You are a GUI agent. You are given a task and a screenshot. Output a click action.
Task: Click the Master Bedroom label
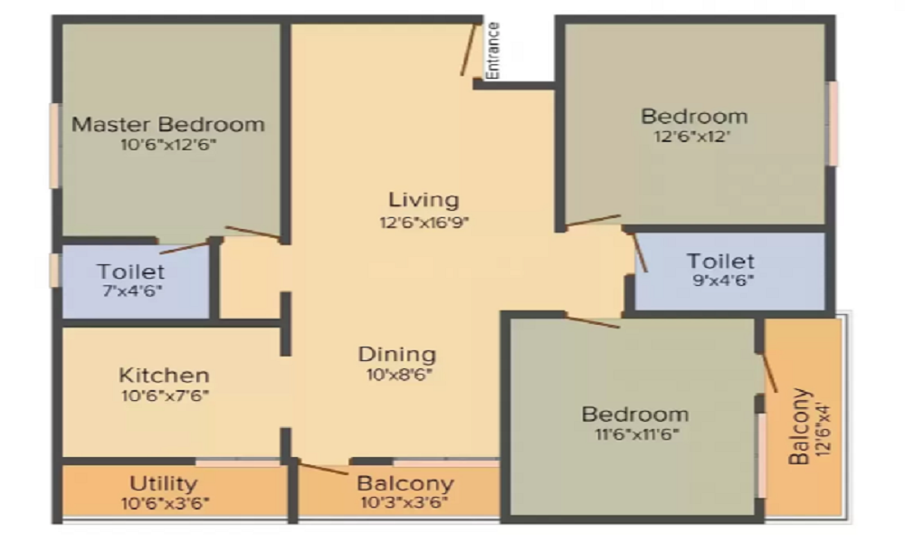coord(168,124)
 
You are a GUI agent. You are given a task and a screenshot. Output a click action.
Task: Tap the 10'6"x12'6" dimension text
coord(168,144)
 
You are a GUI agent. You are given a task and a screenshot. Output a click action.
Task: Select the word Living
coord(424,200)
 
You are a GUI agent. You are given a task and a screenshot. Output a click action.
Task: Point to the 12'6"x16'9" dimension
coord(424,222)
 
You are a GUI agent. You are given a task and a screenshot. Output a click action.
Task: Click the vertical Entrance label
coord(492,51)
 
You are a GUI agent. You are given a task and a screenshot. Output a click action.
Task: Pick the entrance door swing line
coord(469,49)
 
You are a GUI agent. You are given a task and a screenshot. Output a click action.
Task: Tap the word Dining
coord(397,354)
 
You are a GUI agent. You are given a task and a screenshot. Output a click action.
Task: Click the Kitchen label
coord(165,375)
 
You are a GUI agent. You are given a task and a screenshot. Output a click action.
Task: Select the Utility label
coord(163,483)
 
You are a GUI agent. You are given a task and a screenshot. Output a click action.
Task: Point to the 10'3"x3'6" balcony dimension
coord(404,502)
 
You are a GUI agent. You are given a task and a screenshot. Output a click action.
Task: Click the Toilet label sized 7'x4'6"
coord(131,271)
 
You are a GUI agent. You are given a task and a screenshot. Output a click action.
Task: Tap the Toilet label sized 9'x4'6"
coord(720,261)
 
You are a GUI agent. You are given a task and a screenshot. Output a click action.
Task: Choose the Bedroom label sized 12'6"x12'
coord(694,116)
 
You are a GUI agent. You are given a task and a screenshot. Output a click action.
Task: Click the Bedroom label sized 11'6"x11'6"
coord(635,414)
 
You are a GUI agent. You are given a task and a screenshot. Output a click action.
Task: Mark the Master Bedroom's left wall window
coord(55,146)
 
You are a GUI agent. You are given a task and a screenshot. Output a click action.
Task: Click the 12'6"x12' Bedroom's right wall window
coord(833,123)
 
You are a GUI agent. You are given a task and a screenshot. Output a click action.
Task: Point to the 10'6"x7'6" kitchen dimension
coord(165,395)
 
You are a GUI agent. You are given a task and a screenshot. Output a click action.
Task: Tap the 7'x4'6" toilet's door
coord(185,248)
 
